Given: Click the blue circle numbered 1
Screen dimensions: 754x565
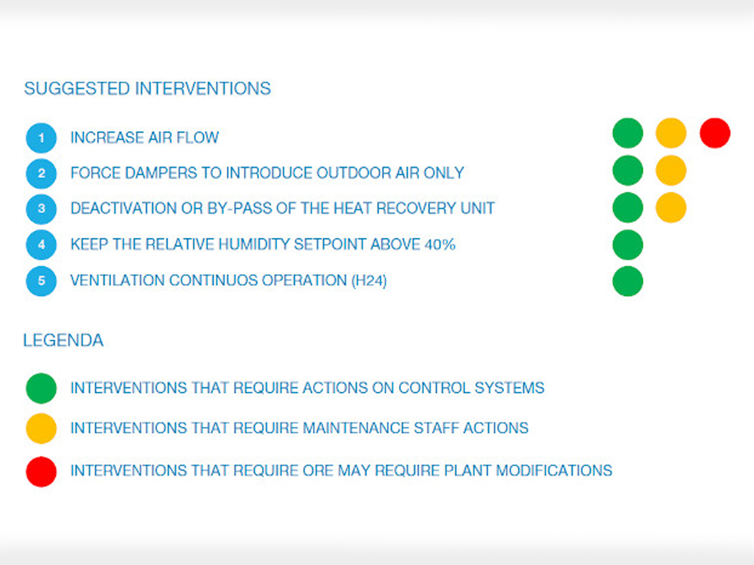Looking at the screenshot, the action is pyautogui.click(x=41, y=138).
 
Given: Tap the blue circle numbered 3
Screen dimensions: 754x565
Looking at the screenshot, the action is pyautogui.click(x=41, y=209).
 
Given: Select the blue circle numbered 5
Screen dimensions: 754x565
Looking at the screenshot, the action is pyautogui.click(x=41, y=281).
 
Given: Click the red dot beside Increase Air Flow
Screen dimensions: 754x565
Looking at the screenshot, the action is pyautogui.click(x=715, y=133).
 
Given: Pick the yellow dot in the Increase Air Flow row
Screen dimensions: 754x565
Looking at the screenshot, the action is pyautogui.click(x=671, y=133).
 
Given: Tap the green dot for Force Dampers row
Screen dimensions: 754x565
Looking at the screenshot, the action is pyautogui.click(x=628, y=171).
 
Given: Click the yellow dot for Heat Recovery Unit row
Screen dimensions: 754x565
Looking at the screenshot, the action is pyautogui.click(x=671, y=208).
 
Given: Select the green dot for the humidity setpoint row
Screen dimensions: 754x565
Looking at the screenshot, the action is pyautogui.click(x=628, y=245).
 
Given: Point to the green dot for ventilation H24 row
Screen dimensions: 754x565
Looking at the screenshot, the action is pyautogui.click(x=628, y=281).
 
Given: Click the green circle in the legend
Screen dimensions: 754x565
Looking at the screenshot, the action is pyautogui.click(x=41, y=389).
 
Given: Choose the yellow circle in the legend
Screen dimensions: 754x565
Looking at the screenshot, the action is pyautogui.click(x=41, y=429).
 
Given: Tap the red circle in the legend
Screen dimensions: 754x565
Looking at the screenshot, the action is pyautogui.click(x=41, y=471).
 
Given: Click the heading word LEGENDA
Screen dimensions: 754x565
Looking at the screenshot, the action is pyautogui.click(x=63, y=340).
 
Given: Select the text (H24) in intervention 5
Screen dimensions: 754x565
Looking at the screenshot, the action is pyautogui.click(x=369, y=281).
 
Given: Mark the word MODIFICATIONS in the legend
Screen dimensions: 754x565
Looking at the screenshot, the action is pyautogui.click(x=554, y=471).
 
